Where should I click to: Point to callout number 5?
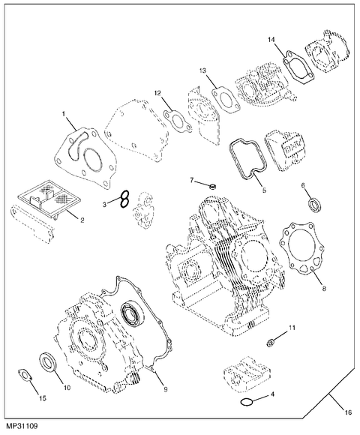click(x=263, y=191)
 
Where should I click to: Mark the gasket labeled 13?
click(x=222, y=94)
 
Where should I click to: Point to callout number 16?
click(x=347, y=412)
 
